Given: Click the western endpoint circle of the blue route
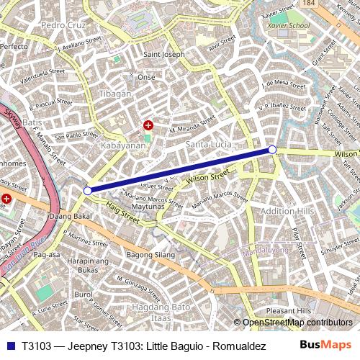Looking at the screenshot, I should click(88, 191).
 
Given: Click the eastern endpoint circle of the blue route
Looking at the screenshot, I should click(272, 149).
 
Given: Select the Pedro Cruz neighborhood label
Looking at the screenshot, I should click(63, 25).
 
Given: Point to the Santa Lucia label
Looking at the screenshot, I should click(209, 145).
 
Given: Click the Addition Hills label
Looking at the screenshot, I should click(287, 211).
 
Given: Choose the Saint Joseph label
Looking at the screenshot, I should click(164, 55).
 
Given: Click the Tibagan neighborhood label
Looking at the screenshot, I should click(115, 94).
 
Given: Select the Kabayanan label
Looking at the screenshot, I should click(122, 145).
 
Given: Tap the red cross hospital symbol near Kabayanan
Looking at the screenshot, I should click(148, 125).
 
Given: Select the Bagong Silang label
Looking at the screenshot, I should click(150, 255).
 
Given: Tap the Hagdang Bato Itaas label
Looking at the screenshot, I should click(160, 312).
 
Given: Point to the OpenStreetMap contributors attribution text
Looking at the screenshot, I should click(297, 323).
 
